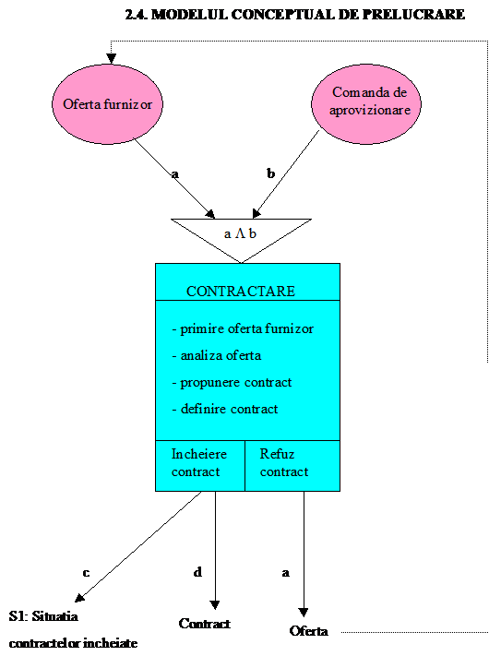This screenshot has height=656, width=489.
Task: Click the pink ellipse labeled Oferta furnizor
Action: pos(108,104)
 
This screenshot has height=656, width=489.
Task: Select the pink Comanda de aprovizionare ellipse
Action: pos(366,104)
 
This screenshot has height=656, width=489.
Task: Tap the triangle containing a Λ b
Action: pos(242,234)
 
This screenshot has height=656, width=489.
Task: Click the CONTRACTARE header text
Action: pos(241,292)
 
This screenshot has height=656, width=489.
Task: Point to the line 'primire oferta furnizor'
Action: pos(243,328)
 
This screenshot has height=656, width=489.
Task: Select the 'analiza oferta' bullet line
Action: pos(217,355)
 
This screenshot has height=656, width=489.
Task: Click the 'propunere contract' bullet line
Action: pos(232,382)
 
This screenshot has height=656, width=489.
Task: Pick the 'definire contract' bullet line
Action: pos(225,409)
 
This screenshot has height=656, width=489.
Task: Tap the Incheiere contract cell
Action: pos(200,466)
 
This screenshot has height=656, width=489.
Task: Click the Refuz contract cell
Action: pos(292,466)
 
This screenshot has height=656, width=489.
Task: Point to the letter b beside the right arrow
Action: pos(271,173)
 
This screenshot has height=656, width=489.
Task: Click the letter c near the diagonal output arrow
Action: pos(86,573)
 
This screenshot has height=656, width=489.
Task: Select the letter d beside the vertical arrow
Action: pos(197,571)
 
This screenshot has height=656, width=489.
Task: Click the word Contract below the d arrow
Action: pos(205,624)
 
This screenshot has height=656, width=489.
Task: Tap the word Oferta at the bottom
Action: pos(309,631)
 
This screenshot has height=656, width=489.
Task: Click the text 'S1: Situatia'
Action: pos(43,616)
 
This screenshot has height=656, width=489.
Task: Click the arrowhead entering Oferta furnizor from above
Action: pos(111,58)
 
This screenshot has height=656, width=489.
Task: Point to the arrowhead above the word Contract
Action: pos(215,605)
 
